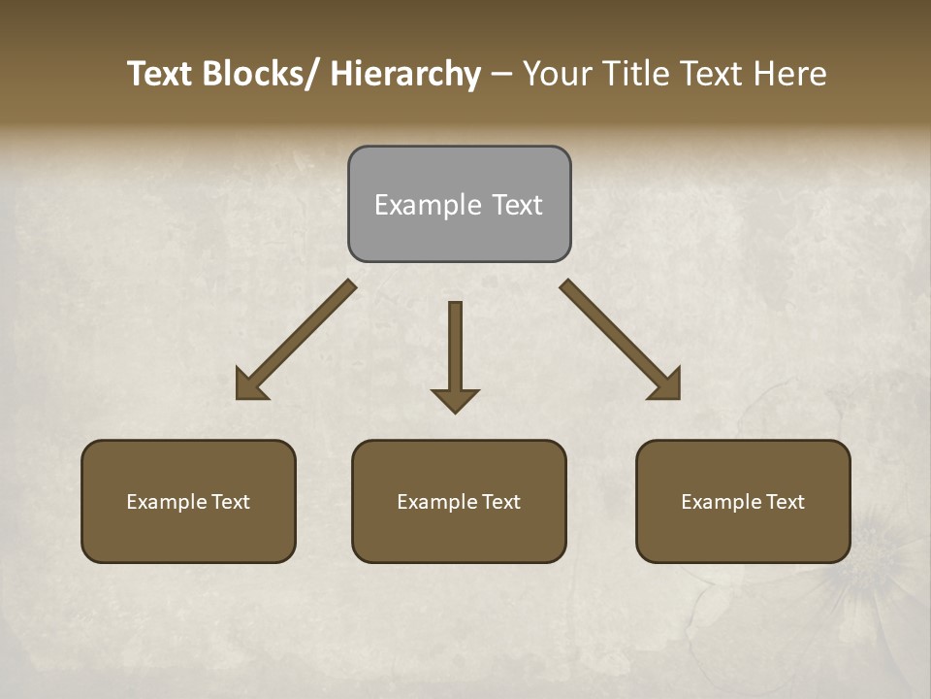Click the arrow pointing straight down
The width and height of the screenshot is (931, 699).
[x=455, y=349]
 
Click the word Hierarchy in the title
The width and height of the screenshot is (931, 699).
[x=405, y=74]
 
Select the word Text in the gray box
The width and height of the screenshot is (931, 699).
[x=516, y=205]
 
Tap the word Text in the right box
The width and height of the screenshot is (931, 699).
[x=784, y=502]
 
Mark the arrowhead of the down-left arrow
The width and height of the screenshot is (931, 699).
[x=248, y=386]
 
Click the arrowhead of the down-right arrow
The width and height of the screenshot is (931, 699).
[x=667, y=385]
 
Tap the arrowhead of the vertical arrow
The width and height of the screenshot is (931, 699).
[x=455, y=400]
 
